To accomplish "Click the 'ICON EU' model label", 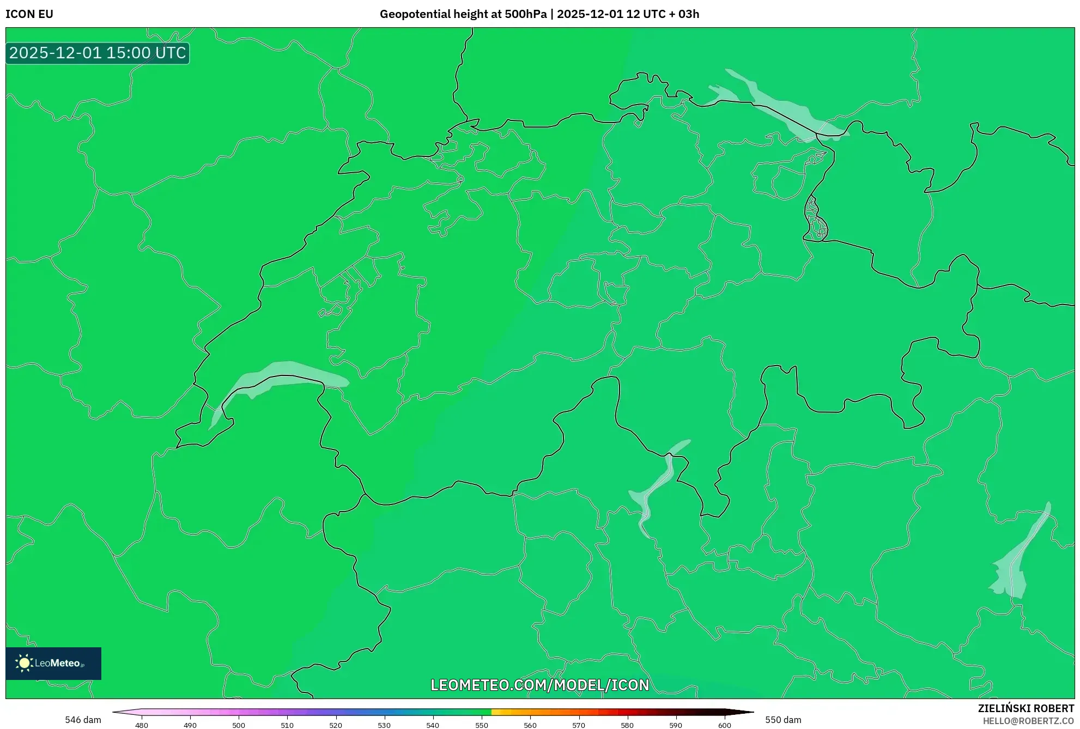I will pyautogui.click(x=29, y=14).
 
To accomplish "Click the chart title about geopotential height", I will pyautogui.click(x=539, y=14).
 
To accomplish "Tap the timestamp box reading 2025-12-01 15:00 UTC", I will pyautogui.click(x=98, y=53).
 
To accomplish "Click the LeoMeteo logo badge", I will pyautogui.click(x=53, y=663).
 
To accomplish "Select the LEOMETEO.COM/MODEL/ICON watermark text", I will pyautogui.click(x=539, y=685).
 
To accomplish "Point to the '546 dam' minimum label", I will pyautogui.click(x=83, y=720).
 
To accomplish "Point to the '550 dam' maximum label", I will pyautogui.click(x=783, y=720).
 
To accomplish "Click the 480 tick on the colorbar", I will pyautogui.click(x=142, y=725).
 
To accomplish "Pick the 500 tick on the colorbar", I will pyautogui.click(x=239, y=725).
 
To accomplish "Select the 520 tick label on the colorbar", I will pyautogui.click(x=336, y=725).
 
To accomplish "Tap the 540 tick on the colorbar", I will pyautogui.click(x=433, y=725).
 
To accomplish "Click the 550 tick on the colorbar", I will pyautogui.click(x=482, y=725).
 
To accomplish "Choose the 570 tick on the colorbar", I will pyautogui.click(x=579, y=725).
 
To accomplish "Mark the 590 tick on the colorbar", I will pyautogui.click(x=676, y=725).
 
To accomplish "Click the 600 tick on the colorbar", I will pyautogui.click(x=724, y=725).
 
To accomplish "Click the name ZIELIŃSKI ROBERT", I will pyautogui.click(x=1026, y=708).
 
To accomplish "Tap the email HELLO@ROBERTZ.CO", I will pyautogui.click(x=1028, y=721).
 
